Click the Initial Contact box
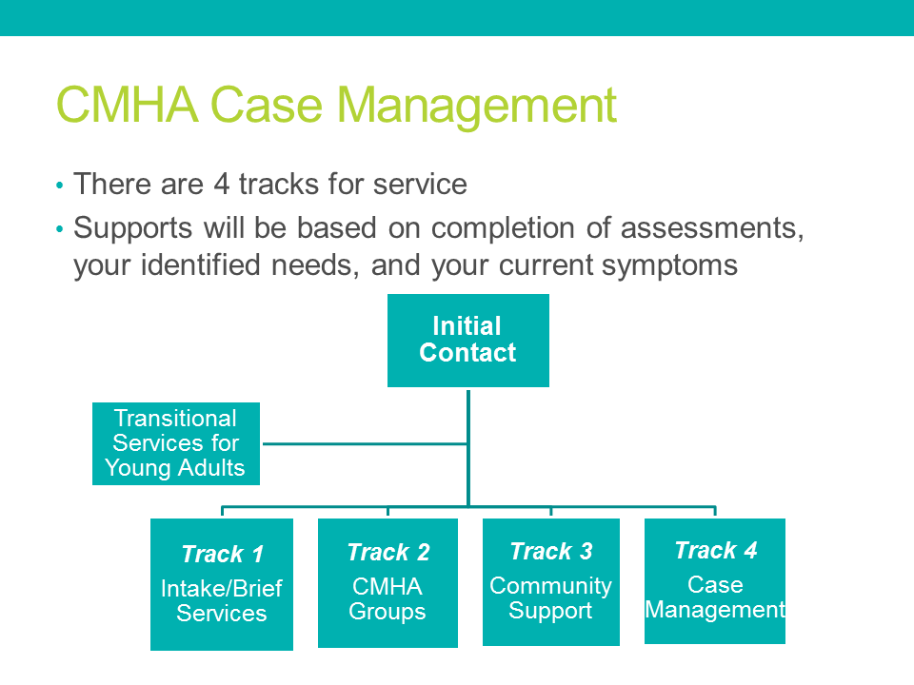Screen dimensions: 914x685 pos(468,341)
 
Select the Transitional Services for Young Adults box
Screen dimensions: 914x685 pos(176,443)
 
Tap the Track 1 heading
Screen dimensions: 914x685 pos(222,554)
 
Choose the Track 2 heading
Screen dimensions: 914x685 pos(388,552)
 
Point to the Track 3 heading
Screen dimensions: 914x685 pos(551,551)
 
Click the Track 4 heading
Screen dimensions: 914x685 pos(716,550)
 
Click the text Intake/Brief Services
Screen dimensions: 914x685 pos(222,600)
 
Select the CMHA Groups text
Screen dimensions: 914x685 pos(387,598)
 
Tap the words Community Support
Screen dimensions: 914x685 pos(550,597)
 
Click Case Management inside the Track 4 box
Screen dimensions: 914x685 pos(715,597)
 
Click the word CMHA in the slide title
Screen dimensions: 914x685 pos(127,105)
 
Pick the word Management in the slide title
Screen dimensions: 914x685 pos(476,107)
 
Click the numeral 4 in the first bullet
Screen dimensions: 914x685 pos(222,184)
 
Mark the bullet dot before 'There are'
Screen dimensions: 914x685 pos(59,186)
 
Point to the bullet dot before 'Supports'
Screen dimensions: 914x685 pos(59,229)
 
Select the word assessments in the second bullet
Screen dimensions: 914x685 pos(712,227)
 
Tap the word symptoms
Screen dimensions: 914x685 pos(669,266)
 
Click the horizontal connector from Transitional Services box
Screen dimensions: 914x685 pos(366,444)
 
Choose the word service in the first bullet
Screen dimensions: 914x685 pos(420,185)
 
